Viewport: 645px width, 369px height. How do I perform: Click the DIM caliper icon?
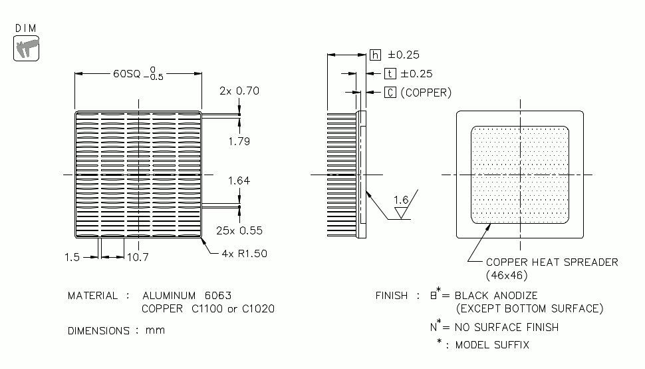(27, 48)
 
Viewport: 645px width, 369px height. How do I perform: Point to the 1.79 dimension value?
(239, 142)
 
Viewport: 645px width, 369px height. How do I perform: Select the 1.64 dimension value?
(239, 181)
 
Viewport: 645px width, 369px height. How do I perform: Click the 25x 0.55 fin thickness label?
(239, 230)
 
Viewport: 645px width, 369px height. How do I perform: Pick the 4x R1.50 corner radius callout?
(243, 254)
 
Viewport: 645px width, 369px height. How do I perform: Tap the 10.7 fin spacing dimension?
(138, 257)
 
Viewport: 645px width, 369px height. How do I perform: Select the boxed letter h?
(376, 55)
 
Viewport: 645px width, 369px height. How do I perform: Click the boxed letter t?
(390, 74)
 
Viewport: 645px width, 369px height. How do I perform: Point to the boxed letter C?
(390, 93)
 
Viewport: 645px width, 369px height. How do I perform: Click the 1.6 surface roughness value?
(401, 199)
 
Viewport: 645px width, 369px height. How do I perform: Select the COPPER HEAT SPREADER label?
(552, 262)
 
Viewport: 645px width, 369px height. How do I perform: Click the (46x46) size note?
(507, 274)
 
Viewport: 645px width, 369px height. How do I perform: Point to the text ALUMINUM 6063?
(187, 295)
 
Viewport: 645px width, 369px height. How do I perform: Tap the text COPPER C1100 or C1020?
(208, 308)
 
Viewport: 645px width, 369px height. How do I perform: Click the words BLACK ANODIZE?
(497, 295)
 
